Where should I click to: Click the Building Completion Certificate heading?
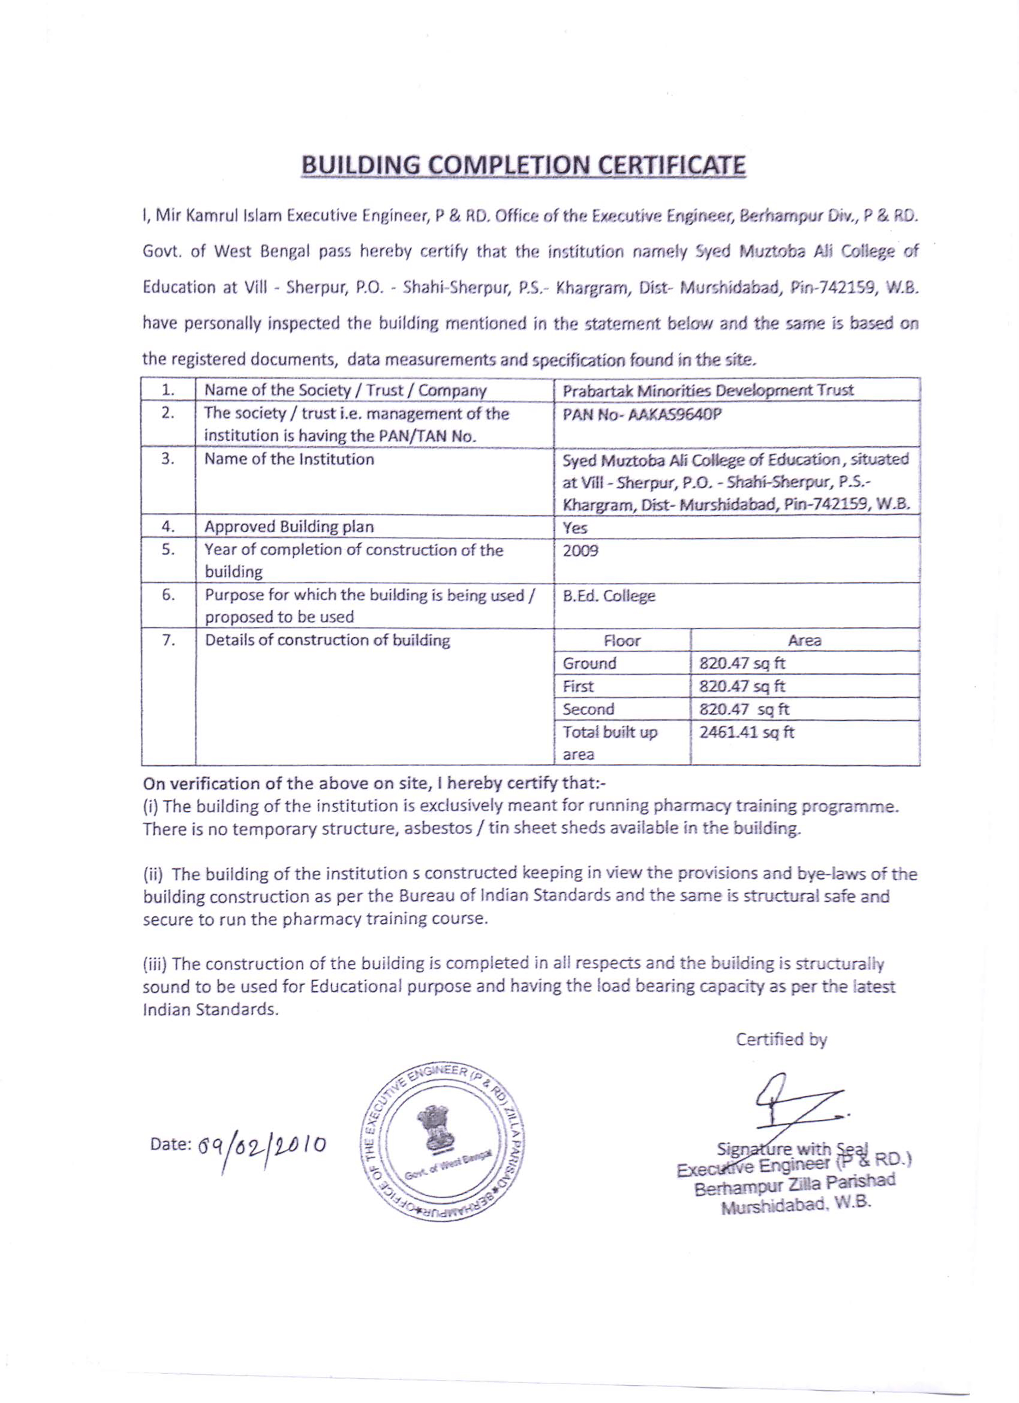(x=523, y=166)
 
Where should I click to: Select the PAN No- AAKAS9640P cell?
(x=642, y=414)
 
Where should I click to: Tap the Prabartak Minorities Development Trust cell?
(x=708, y=390)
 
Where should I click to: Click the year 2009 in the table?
(x=580, y=550)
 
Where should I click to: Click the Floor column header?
(x=622, y=641)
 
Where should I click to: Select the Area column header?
(x=804, y=641)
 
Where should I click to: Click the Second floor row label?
(x=588, y=709)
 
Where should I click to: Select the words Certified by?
(x=781, y=1039)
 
